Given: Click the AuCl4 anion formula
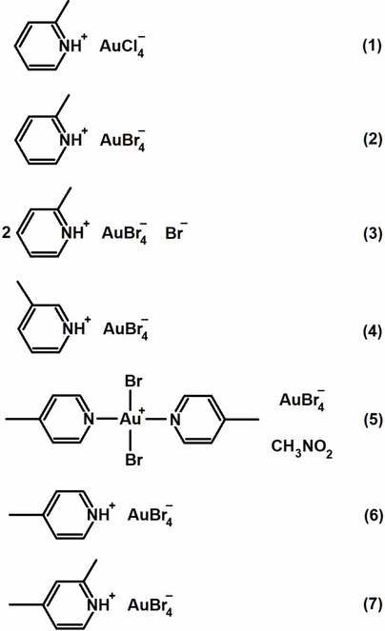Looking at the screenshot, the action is click(122, 47).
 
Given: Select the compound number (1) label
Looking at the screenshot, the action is click(372, 46).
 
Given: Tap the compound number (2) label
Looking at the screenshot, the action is click(372, 139).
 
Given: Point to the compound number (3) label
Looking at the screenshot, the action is click(372, 233).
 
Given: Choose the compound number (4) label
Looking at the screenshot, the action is click(372, 331).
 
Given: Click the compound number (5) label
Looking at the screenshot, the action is click(372, 419).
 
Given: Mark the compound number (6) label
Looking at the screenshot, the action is click(372, 515).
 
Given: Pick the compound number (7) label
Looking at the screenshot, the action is click(372, 603).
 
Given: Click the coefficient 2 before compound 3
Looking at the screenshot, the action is click(6, 232).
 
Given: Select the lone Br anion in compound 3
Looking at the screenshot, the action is click(176, 232).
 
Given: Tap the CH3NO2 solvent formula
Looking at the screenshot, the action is click(301, 447).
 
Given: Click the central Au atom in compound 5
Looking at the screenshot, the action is click(132, 419).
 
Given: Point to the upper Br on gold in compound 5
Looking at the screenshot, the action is click(133, 381).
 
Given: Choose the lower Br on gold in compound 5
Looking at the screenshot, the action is click(133, 459).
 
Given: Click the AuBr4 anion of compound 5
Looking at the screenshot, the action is click(302, 400).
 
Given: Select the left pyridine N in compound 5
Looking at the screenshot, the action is click(89, 419).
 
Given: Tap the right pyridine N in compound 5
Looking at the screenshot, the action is click(174, 420).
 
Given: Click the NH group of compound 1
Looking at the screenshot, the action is click(71, 46).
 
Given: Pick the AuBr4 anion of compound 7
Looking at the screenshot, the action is click(151, 605).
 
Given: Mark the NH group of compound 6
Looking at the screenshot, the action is click(98, 514).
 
